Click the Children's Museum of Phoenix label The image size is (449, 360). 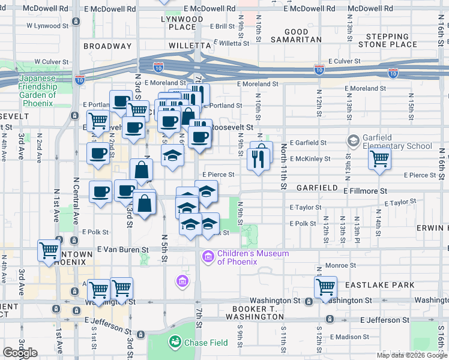(244, 257)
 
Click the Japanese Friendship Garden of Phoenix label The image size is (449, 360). (37, 91)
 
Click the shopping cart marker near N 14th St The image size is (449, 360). (379, 160)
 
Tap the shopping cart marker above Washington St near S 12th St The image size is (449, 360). (325, 287)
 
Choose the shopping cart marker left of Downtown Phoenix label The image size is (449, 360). (48, 251)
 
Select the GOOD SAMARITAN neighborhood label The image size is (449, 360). (295, 35)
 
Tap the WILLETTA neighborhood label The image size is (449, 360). (190, 46)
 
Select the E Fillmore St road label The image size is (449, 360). (365, 190)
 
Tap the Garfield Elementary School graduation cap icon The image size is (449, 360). (354, 142)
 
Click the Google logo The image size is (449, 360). (20, 353)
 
